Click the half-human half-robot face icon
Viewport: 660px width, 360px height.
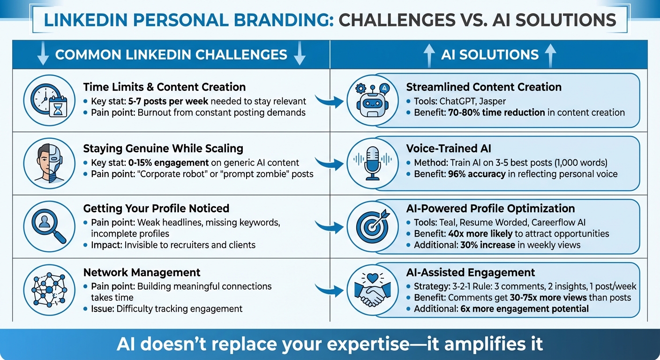pyautogui.click(x=49, y=163)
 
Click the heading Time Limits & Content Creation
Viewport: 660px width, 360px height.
pyautogui.click(x=164, y=87)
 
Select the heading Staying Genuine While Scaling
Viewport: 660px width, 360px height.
pyautogui.click(x=163, y=149)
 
